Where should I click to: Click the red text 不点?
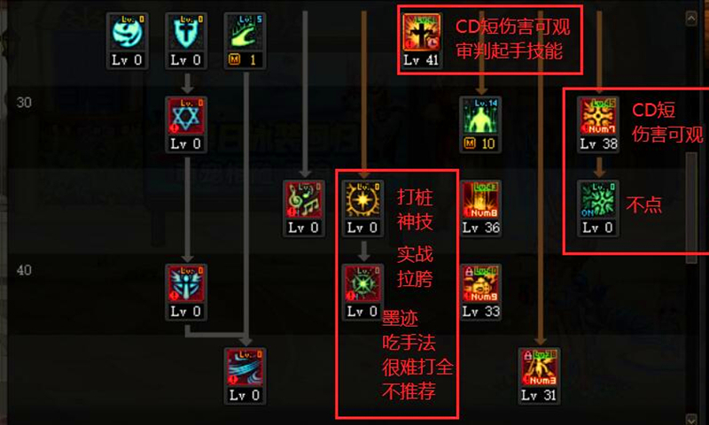pos(643,205)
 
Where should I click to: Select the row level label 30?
pos(24,103)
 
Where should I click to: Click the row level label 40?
pos(24,270)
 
